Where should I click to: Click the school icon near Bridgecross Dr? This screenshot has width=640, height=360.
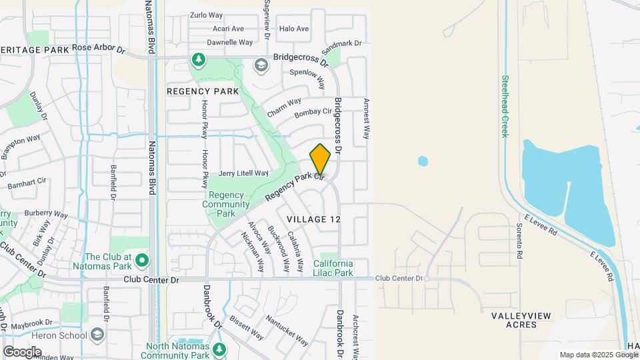[x=261, y=64]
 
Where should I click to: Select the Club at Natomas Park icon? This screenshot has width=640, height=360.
[x=141, y=259]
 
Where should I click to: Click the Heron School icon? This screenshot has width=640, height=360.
[x=97, y=334]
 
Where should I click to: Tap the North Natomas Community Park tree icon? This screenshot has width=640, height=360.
[x=220, y=349]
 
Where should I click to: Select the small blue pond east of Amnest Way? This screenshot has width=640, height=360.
[x=422, y=161]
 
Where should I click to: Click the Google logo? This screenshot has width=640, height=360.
[x=22, y=351]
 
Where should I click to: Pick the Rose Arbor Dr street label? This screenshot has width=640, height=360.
[x=99, y=49]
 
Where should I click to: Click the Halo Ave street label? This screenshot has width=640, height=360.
[x=294, y=29]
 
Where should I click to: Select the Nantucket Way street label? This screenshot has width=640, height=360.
[x=287, y=331]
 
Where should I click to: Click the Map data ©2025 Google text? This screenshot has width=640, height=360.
[x=597, y=355]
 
